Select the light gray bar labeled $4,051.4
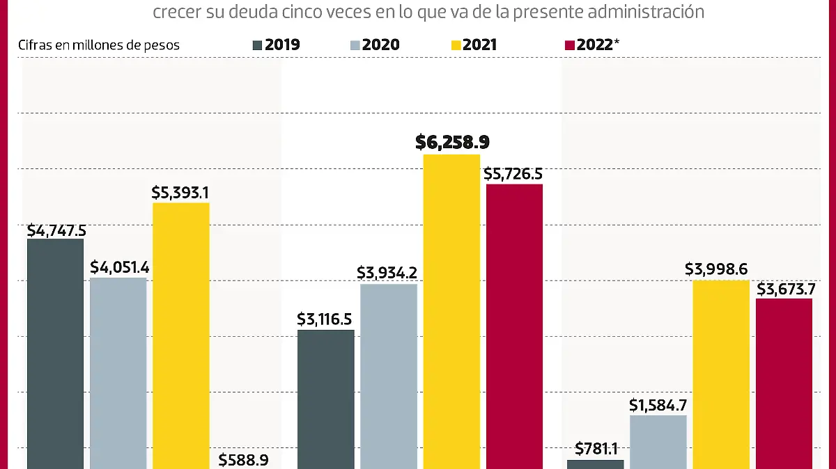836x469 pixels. [x=118, y=373]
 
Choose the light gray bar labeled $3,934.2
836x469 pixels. [x=389, y=376]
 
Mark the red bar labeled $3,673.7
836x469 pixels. [x=784, y=383]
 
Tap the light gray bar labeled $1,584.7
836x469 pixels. [x=658, y=442]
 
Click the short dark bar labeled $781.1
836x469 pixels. [x=596, y=464]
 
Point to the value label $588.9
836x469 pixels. [x=244, y=459]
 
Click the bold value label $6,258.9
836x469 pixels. [x=452, y=143]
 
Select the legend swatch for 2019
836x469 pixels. [x=257, y=45]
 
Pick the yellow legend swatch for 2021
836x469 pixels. [x=456, y=45]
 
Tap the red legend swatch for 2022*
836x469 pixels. [x=569, y=45]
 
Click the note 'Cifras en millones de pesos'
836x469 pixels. [x=99, y=45]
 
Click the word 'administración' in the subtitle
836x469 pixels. [x=653, y=12]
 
